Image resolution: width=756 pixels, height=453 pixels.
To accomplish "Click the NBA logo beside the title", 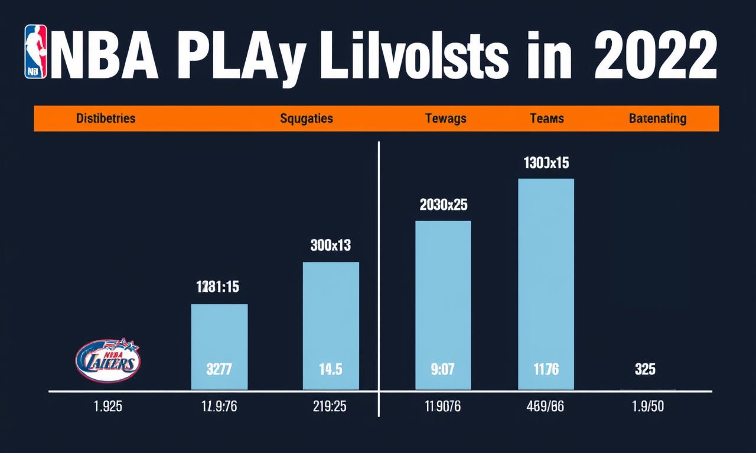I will (x=35, y=51).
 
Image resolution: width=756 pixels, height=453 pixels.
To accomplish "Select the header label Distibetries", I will (x=106, y=118).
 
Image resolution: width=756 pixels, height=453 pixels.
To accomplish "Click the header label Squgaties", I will (x=306, y=118).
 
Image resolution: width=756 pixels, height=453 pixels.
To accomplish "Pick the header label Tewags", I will (x=445, y=118).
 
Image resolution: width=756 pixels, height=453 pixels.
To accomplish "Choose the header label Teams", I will (x=546, y=118).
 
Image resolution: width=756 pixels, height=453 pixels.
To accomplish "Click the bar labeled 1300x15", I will (x=546, y=283).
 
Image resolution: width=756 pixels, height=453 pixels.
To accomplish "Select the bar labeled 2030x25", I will (x=443, y=304).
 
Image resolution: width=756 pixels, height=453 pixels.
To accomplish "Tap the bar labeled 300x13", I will (x=331, y=325).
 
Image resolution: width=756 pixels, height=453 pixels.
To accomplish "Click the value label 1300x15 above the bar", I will (x=546, y=162).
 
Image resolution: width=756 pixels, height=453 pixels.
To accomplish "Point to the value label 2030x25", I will (x=443, y=205).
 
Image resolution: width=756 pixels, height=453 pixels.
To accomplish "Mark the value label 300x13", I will (x=331, y=245).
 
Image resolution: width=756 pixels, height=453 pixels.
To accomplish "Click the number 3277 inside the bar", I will (x=219, y=370).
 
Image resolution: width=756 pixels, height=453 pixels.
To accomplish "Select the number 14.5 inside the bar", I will (x=330, y=370).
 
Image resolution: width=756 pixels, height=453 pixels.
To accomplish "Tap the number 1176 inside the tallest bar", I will (x=546, y=370).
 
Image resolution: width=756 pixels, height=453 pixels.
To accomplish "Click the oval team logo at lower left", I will (x=107, y=359).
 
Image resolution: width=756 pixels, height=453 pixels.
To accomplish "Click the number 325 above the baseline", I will (x=645, y=370).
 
